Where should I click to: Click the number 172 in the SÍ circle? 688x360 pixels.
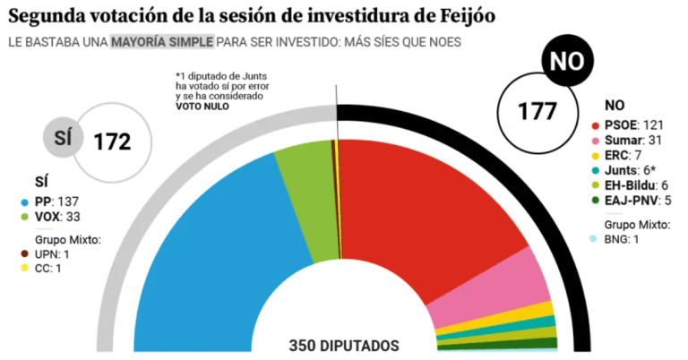113,141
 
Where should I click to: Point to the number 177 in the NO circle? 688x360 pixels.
537,111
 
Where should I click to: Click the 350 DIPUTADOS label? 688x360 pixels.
344,346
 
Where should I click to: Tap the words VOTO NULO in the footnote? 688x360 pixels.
202,106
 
